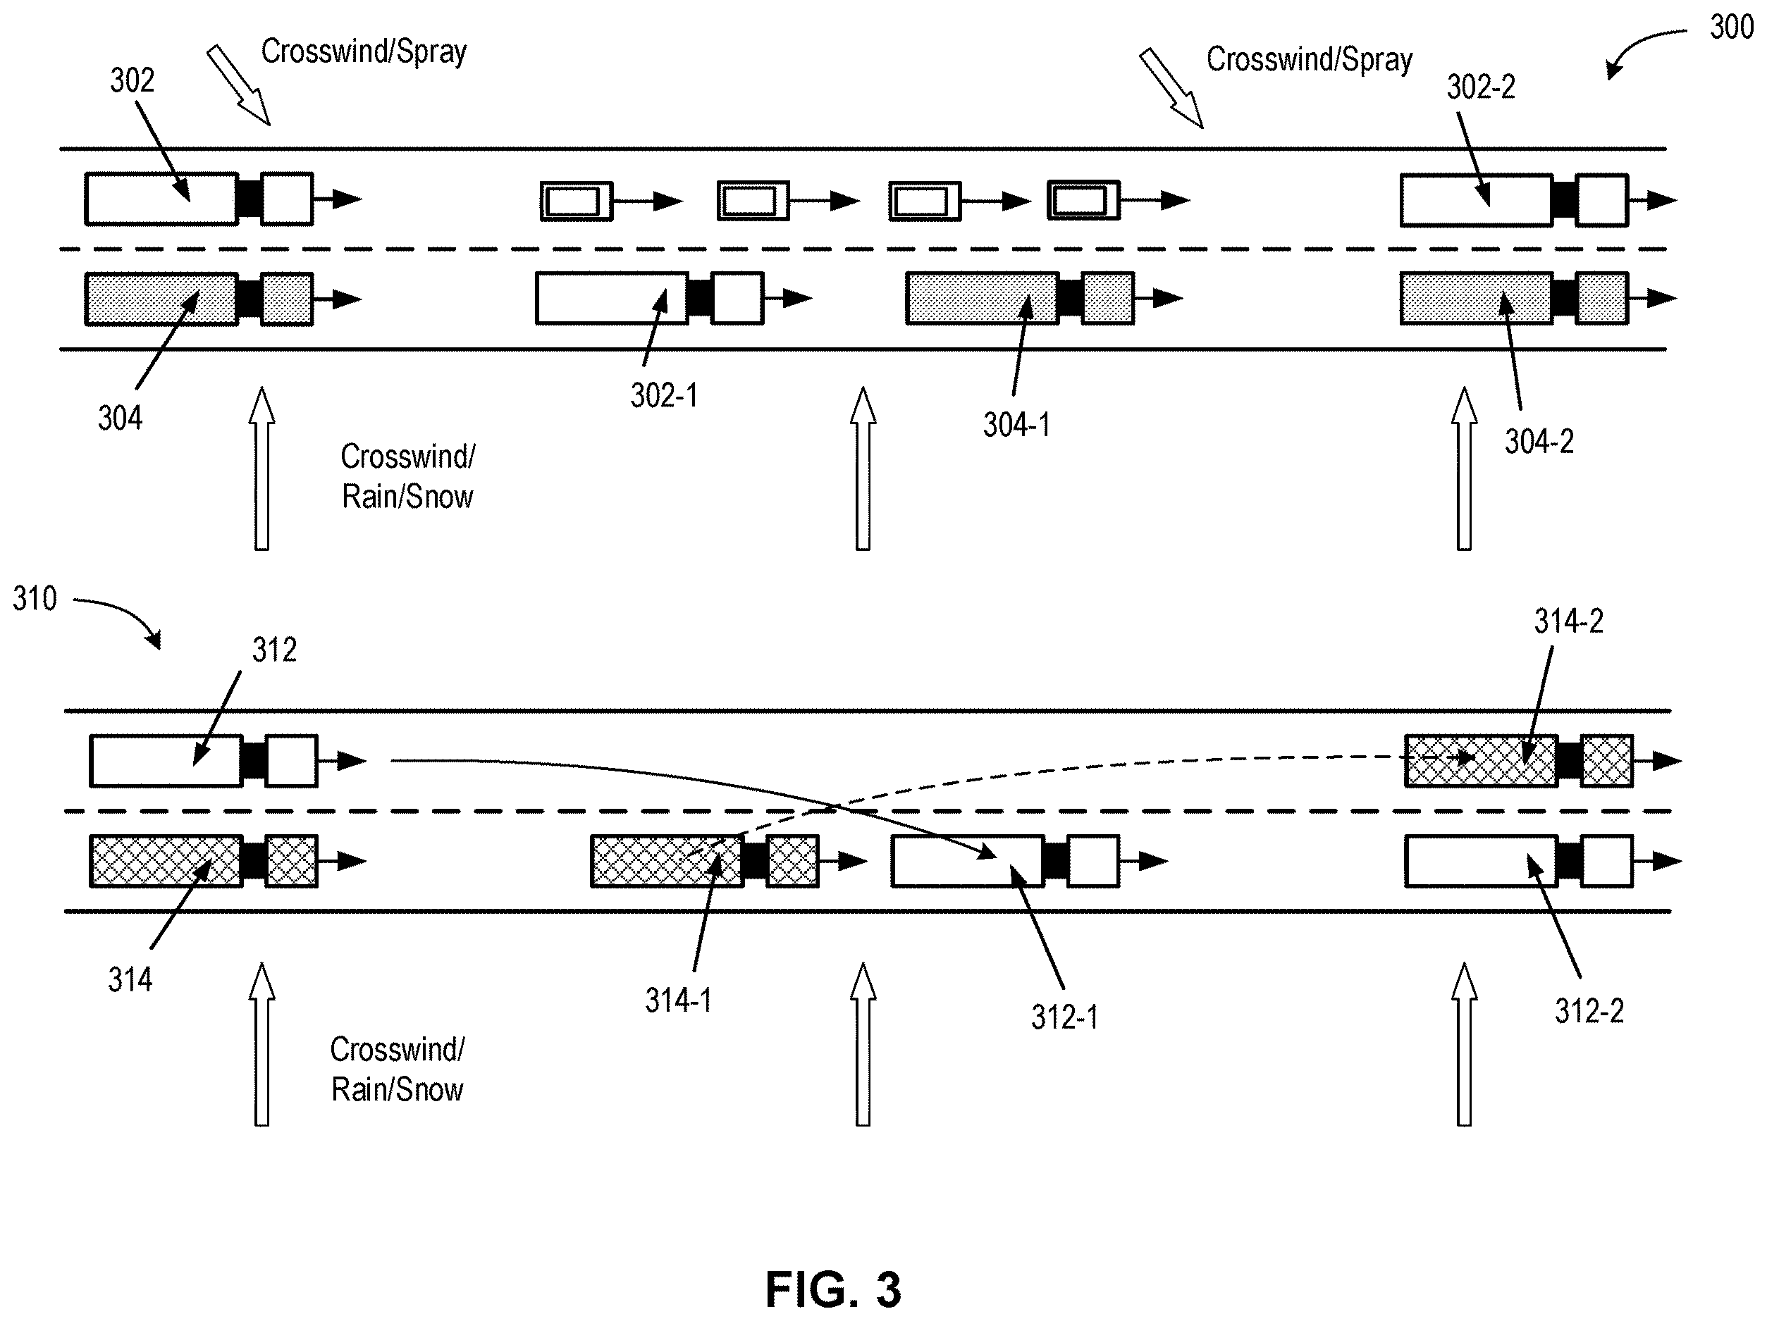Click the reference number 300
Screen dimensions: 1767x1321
[1731, 28]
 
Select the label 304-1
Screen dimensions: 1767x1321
[1016, 425]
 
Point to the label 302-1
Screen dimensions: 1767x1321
[664, 395]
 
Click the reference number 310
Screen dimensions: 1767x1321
[35, 598]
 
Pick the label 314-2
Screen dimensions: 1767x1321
[1568, 621]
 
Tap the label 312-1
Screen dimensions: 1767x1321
[1064, 1017]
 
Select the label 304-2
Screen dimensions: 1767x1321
[1539, 442]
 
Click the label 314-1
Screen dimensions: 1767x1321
[678, 1000]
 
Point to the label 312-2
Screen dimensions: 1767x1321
[1589, 1012]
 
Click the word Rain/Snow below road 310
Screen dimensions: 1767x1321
[397, 1090]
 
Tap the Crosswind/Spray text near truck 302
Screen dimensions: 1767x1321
[364, 52]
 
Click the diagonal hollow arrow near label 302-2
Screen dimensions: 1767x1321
[1171, 88]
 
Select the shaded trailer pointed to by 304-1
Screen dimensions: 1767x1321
[983, 298]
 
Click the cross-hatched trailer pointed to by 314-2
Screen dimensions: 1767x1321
[1481, 760]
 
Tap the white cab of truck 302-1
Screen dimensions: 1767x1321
[737, 298]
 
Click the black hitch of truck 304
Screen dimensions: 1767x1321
[250, 299]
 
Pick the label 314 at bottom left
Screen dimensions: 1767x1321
[130, 980]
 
